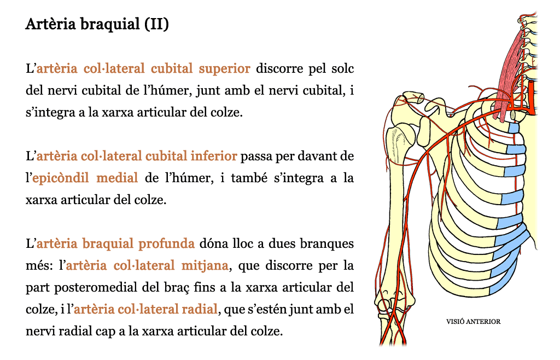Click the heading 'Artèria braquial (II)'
click(x=97, y=24)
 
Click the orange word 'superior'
click(x=224, y=68)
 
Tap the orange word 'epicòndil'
click(x=60, y=178)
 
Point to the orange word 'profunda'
click(x=166, y=243)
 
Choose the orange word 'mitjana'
click(x=205, y=266)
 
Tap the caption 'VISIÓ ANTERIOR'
click(x=473, y=322)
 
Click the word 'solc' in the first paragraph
click(x=342, y=68)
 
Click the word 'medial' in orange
click(x=117, y=178)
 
